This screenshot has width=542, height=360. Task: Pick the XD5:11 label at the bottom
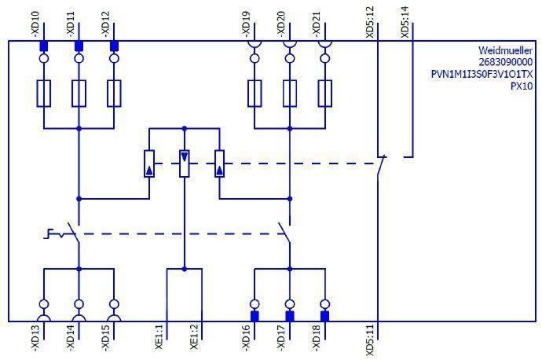370,340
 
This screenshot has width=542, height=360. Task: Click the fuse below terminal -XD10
44,93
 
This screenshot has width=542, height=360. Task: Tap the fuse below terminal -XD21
324,93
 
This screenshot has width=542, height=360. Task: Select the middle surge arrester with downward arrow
185,163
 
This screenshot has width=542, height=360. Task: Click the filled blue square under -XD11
79,46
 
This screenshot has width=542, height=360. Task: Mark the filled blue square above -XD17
290,316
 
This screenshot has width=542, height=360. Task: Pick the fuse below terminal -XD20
290,93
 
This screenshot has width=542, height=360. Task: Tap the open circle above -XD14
79,304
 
